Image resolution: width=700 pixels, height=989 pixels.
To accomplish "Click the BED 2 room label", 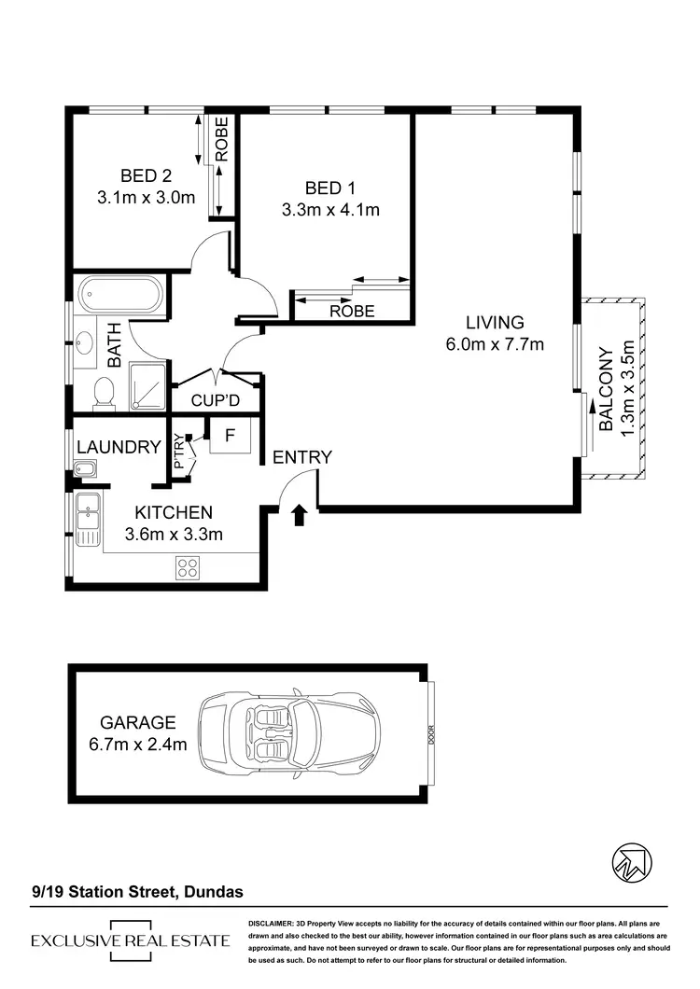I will pyautogui.click(x=145, y=175).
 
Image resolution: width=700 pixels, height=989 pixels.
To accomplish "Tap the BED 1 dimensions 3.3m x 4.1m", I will pyautogui.click(x=330, y=210).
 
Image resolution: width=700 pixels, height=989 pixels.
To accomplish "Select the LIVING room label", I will pyautogui.click(x=495, y=323).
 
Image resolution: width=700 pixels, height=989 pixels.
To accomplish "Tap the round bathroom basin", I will pyautogui.click(x=87, y=344).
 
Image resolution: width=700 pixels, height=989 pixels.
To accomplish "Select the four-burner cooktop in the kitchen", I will pyautogui.click(x=188, y=567).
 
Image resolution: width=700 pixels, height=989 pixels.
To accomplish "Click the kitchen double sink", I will pyautogui.click(x=89, y=522).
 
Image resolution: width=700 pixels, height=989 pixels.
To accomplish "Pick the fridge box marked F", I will pyautogui.click(x=229, y=435).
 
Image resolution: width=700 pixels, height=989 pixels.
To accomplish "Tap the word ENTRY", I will pyautogui.click(x=301, y=457).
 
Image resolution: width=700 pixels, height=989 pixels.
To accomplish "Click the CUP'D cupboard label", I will pyautogui.click(x=217, y=401).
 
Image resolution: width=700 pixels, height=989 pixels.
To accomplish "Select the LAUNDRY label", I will pyautogui.click(x=119, y=448).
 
